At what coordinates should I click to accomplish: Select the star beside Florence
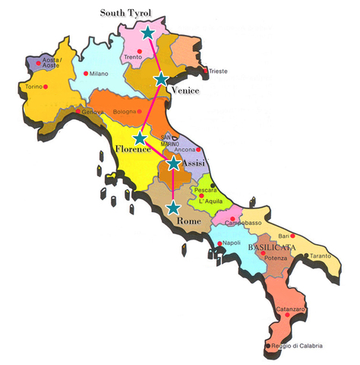140,138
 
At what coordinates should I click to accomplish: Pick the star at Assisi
174,163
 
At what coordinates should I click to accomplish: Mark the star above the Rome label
174,207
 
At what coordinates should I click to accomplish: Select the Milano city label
99,74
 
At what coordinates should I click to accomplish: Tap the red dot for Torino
46,87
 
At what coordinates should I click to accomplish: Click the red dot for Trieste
207,71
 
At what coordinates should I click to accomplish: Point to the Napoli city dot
219,244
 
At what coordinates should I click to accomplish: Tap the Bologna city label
125,113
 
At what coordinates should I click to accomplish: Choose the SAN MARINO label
169,141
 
